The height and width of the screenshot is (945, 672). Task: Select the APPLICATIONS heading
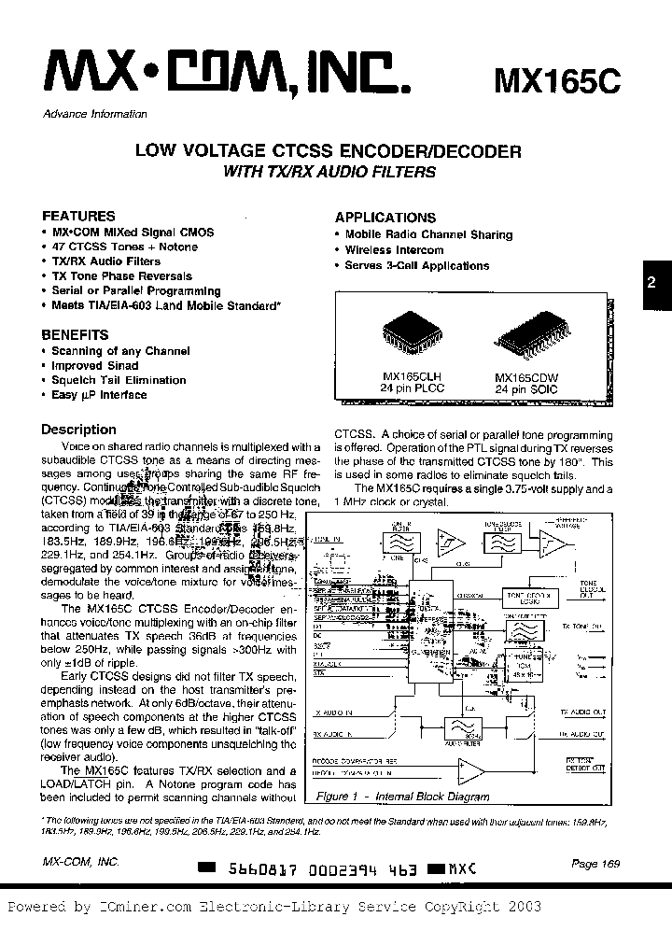[x=385, y=217]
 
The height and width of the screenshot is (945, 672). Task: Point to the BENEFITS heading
[x=75, y=334]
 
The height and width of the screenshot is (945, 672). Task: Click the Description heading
[x=79, y=430]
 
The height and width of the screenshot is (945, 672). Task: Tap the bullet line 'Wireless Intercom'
[x=394, y=250]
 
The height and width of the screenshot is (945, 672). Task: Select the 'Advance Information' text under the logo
[x=95, y=114]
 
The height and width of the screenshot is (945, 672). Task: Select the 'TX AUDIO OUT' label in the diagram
[x=583, y=712]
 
